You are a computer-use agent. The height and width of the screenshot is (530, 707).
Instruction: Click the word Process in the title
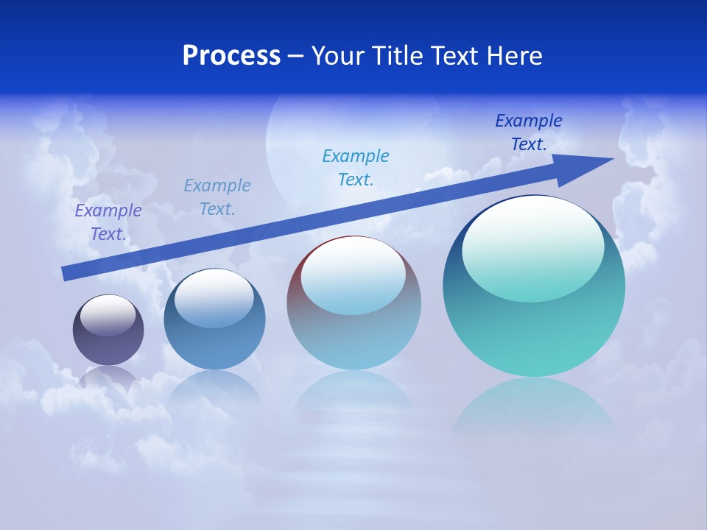click(x=231, y=56)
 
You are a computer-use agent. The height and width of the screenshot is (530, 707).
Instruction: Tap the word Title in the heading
click(x=398, y=56)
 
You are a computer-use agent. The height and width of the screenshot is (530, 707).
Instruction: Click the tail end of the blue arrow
click(x=66, y=273)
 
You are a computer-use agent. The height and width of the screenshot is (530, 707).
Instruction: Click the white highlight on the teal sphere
click(x=532, y=247)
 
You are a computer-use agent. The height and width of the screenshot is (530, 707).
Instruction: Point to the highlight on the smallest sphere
click(x=108, y=315)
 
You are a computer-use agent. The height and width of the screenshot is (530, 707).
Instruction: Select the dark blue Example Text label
click(x=529, y=132)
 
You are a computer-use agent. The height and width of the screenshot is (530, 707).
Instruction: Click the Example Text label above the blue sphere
click(x=217, y=197)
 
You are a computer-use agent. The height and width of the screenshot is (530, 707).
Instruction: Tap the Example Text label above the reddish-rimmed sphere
click(x=356, y=168)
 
